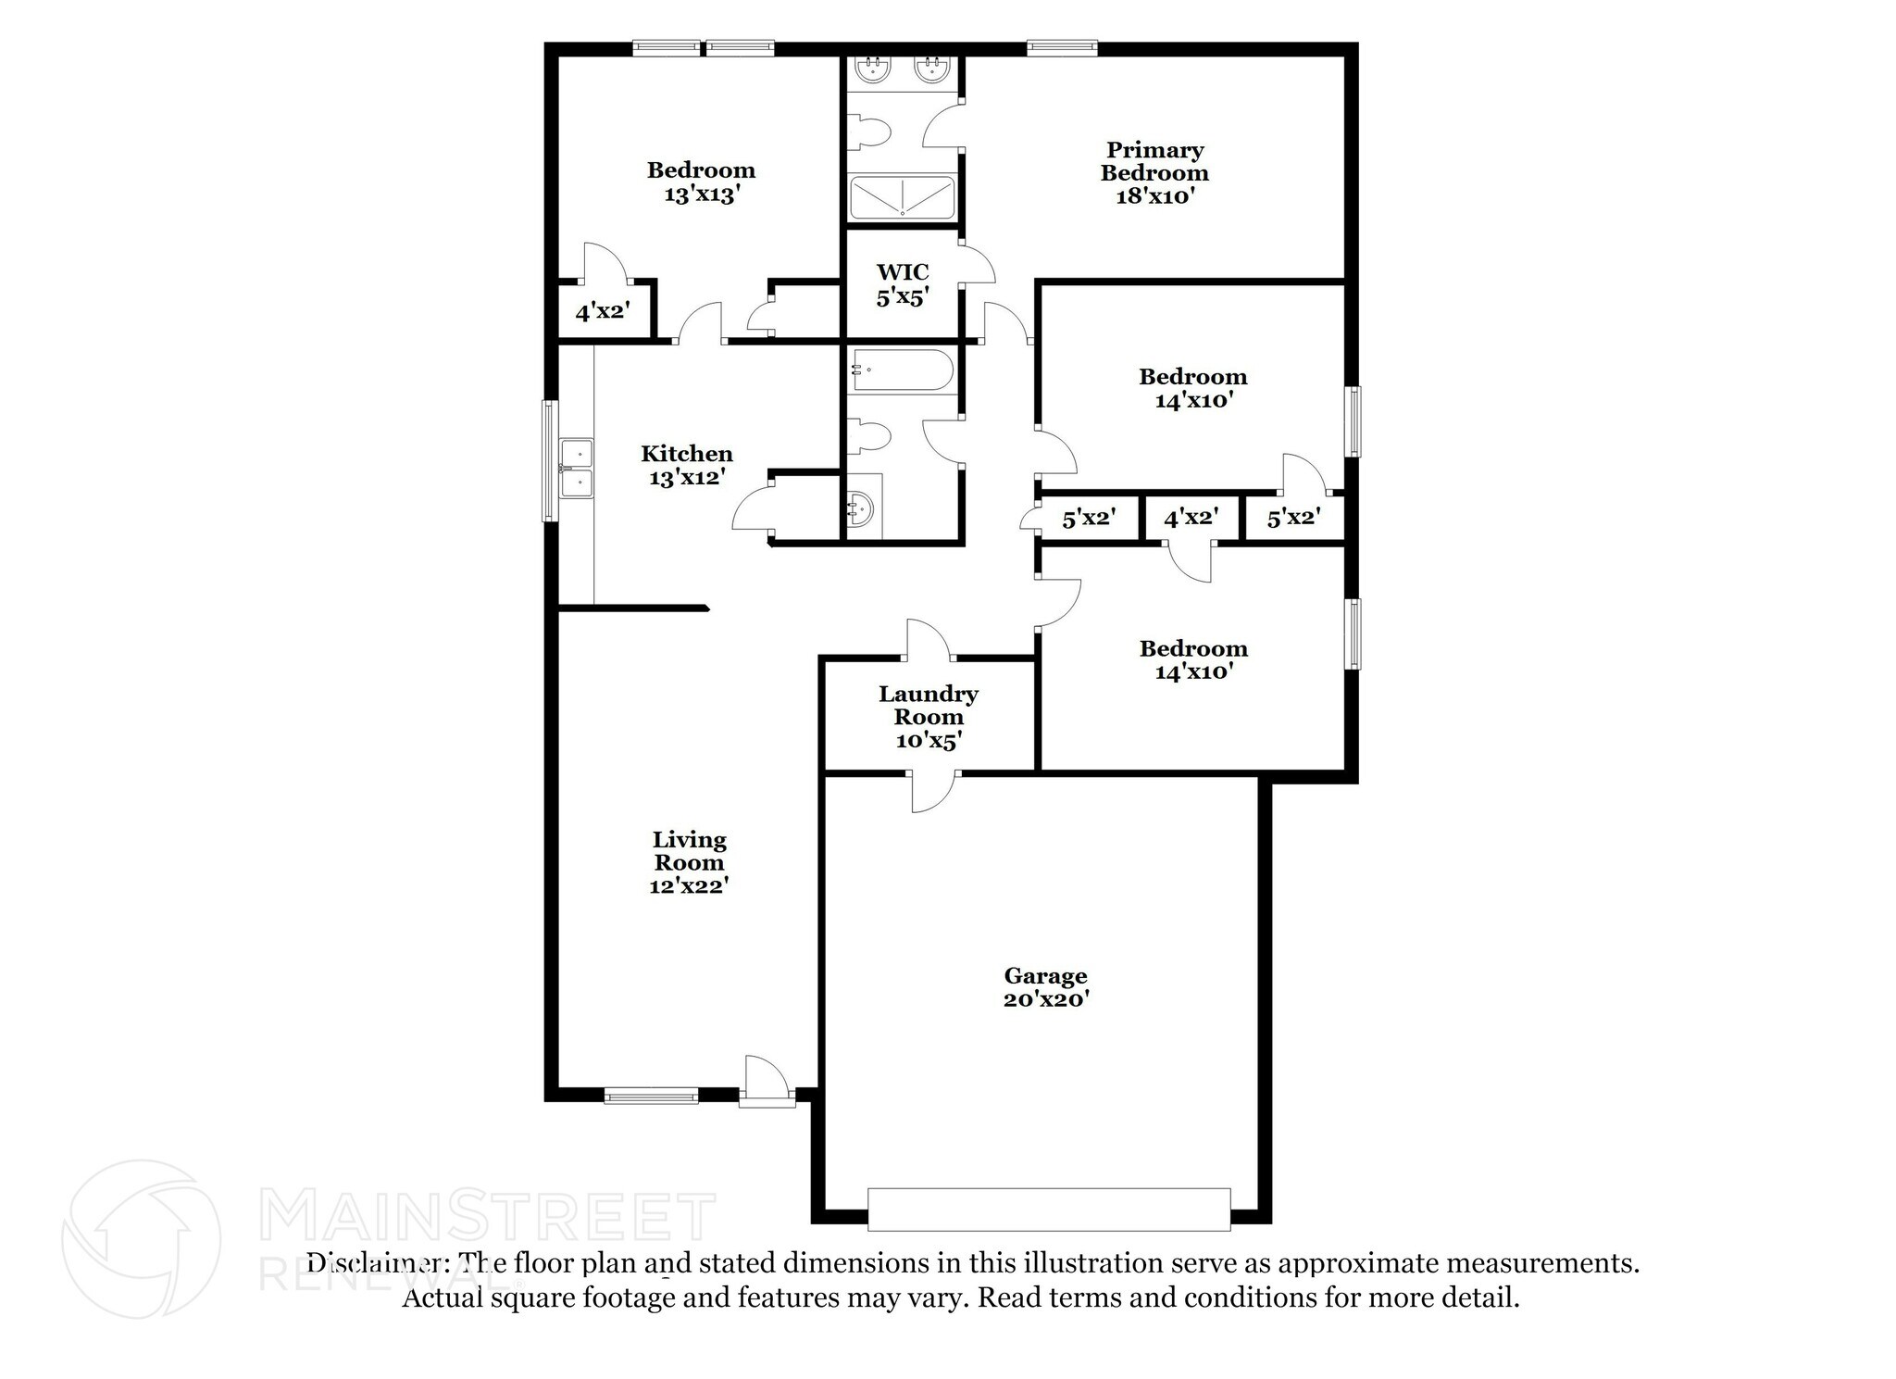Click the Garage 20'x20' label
tap(1045, 987)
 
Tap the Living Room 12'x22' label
tap(689, 862)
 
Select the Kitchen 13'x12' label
tap(687, 465)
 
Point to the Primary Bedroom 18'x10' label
tap(1154, 173)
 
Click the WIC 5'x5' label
tap(903, 284)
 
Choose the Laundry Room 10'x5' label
tap(929, 717)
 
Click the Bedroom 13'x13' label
tap(701, 182)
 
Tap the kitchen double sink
tap(577, 469)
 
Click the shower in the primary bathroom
tap(902, 198)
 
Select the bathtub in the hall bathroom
tap(902, 370)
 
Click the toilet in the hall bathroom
tap(869, 436)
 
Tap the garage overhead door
tap(1049, 1209)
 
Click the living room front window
tap(651, 1096)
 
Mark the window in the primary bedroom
tap(1062, 48)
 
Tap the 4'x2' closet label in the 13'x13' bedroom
tap(603, 311)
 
